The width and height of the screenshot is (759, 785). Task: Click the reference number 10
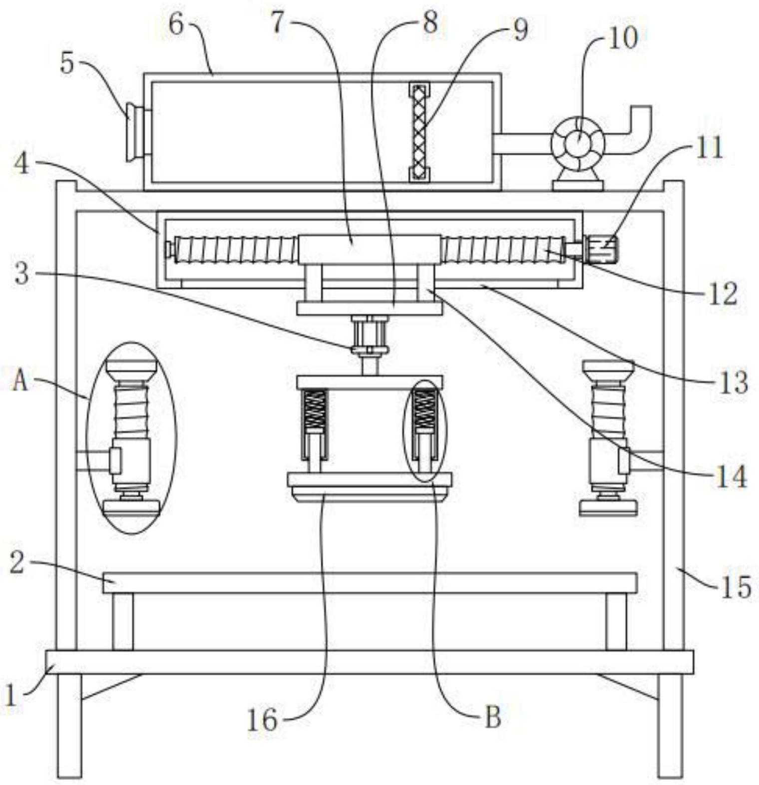click(622, 38)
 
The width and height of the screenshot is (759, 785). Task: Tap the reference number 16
click(262, 720)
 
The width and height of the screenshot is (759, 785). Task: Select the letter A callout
click(20, 382)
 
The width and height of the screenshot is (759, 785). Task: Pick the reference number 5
click(67, 63)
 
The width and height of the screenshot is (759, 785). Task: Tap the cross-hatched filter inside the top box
click(419, 132)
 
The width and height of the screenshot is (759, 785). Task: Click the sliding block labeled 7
click(369, 249)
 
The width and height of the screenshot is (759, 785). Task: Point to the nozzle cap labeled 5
click(132, 132)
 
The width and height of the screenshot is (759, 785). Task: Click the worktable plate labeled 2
click(370, 583)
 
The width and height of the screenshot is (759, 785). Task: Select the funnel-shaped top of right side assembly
click(608, 370)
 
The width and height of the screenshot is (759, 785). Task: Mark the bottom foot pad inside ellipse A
click(131, 508)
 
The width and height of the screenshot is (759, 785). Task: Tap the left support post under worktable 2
click(122, 621)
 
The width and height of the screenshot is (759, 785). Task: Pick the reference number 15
click(736, 587)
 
